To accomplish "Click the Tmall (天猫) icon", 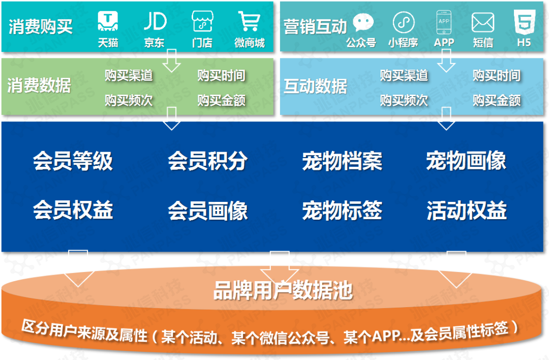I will pos(108,21).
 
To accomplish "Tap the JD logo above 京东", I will pos(155,21).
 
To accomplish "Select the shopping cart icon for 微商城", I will pos(249,21).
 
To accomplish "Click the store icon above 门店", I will pos(202,21).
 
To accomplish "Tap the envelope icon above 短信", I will pos(482,22).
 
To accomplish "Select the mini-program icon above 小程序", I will pos(404,23).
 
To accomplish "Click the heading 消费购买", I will pos(40,26).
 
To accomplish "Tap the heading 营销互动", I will pos(315,26).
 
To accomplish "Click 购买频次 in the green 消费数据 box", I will pos(129,100).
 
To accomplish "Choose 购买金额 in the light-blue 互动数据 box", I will pos(497,100).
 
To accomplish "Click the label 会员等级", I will pos(73,161).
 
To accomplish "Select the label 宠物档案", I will pos(342,161).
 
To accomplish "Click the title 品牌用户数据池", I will pos(283,291).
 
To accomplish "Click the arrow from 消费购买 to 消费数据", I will pos(171,61).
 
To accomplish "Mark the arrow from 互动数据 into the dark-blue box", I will pos(446,118).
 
